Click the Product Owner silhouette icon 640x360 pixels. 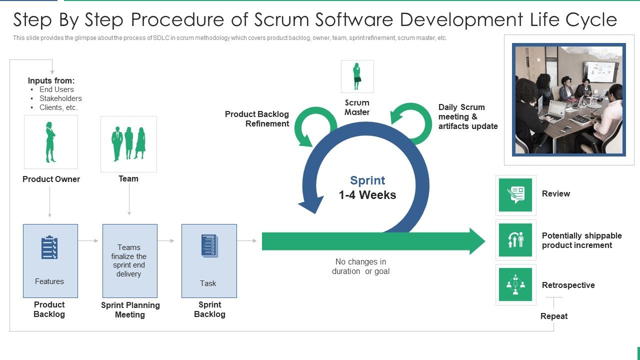click(x=50, y=142)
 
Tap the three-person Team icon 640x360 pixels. click(x=128, y=144)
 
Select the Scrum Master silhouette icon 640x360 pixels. click(x=357, y=76)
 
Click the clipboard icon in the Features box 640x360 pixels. click(x=49, y=247)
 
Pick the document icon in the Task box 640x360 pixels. click(x=209, y=246)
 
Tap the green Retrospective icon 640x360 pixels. click(x=515, y=284)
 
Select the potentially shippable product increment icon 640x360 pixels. click(x=515, y=240)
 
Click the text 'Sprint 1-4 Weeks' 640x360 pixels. click(x=367, y=187)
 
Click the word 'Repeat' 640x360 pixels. click(x=554, y=316)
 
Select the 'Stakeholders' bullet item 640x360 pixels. click(x=60, y=98)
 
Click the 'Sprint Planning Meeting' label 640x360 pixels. click(x=130, y=309)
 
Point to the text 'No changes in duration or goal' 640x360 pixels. click(x=360, y=266)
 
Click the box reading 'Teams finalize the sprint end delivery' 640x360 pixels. click(x=129, y=260)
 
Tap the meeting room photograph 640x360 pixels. click(x=569, y=99)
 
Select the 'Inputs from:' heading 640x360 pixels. click(x=51, y=80)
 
